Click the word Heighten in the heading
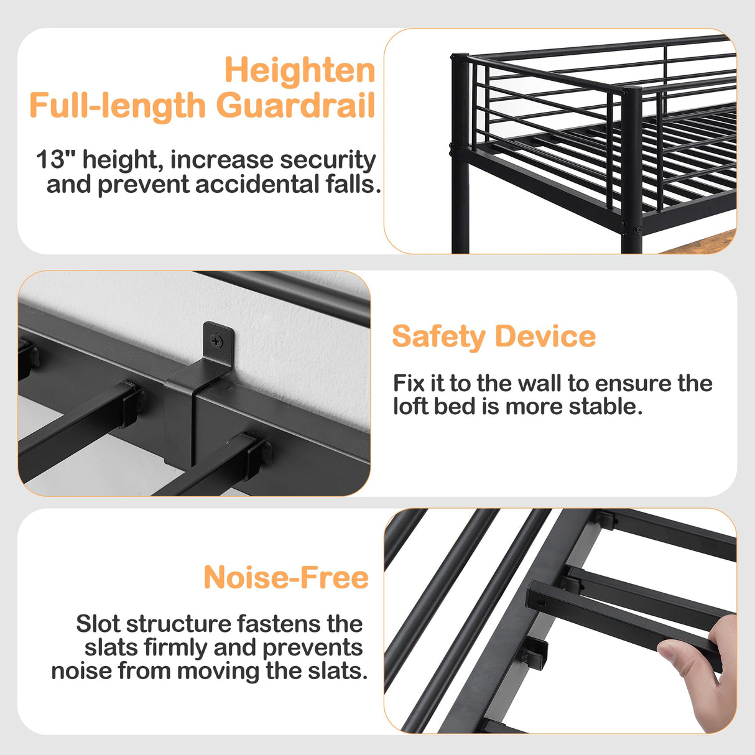click(x=299, y=70)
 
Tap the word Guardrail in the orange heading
click(x=295, y=105)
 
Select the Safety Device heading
click(x=494, y=336)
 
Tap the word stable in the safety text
click(x=612, y=407)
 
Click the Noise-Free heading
click(x=286, y=578)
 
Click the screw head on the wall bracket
click(x=215, y=340)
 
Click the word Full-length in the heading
click(x=117, y=105)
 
